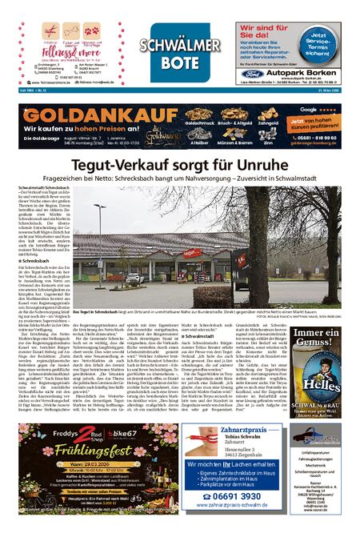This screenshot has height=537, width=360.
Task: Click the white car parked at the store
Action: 135,277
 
